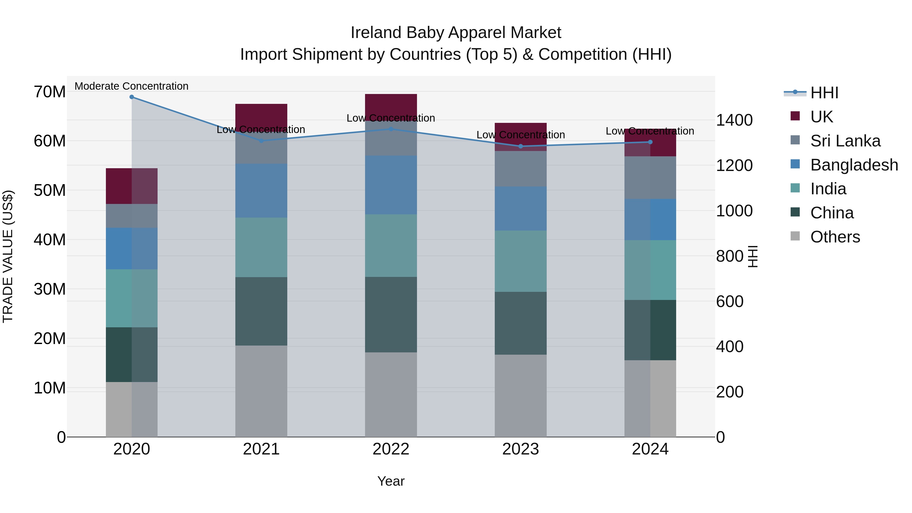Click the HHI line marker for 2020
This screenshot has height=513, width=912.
pos(132,97)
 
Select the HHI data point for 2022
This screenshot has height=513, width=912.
pos(391,129)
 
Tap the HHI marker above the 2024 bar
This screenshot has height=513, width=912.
pos(650,142)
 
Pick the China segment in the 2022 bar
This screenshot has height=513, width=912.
pos(391,314)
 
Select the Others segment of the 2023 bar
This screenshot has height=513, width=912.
pos(520,395)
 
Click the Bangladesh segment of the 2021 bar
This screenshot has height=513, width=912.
pos(261,191)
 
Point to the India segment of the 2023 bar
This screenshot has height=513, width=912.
pos(520,261)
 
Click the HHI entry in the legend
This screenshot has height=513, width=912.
pos(824,93)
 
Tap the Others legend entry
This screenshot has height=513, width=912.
pos(835,237)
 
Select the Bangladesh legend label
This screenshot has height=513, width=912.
pos(854,165)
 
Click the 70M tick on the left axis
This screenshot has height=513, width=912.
pos(50,92)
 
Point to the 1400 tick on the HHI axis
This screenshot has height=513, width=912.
pos(734,120)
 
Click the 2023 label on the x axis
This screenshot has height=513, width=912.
pos(520,449)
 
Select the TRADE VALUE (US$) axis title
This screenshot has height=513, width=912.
pos(8,256)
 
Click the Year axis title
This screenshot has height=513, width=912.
pos(391,481)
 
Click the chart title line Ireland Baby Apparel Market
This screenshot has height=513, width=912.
pos(456,33)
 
